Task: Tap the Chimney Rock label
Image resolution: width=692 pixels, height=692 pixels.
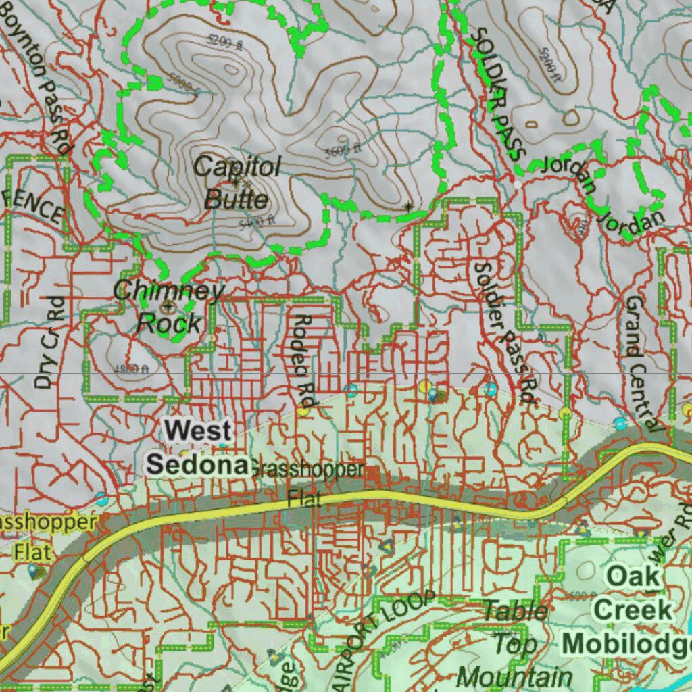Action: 168,307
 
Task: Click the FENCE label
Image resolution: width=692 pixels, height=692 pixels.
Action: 34,206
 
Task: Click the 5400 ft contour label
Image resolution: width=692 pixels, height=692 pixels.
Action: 257,220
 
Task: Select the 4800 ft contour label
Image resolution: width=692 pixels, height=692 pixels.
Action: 130,369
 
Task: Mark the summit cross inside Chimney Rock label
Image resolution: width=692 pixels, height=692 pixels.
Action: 168,306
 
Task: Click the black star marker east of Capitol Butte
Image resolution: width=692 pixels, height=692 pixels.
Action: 407,205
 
